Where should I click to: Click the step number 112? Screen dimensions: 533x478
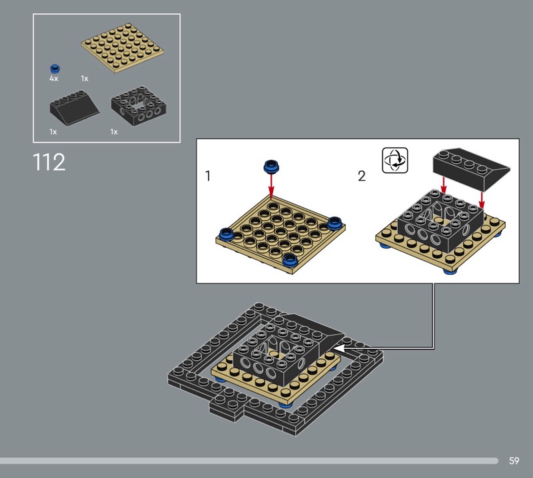pyautogui.click(x=49, y=162)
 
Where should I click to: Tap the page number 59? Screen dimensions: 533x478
pyautogui.click(x=514, y=461)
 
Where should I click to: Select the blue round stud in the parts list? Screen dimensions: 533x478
pyautogui.click(x=55, y=69)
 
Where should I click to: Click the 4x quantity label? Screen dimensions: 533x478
pyautogui.click(x=54, y=79)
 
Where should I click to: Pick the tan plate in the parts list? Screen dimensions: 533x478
pyautogui.click(x=123, y=47)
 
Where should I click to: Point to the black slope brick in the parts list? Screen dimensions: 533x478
pyautogui.click(x=75, y=107)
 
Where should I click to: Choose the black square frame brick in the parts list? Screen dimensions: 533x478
pyautogui.click(x=139, y=105)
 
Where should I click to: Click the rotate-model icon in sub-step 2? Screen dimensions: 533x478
pyautogui.click(x=395, y=160)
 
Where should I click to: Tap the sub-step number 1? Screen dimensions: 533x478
pyautogui.click(x=208, y=176)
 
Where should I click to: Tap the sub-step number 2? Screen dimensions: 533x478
pyautogui.click(x=362, y=176)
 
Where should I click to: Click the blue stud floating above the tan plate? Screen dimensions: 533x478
pyautogui.click(x=271, y=166)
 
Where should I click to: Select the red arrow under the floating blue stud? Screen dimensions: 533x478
pyautogui.click(x=271, y=186)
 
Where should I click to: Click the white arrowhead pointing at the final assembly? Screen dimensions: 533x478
pyautogui.click(x=342, y=349)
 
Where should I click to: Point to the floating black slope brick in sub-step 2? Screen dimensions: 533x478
pyautogui.click(x=471, y=168)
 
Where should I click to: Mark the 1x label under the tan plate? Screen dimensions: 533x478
pyautogui.click(x=85, y=79)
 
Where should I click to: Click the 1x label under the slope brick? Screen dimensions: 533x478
pyautogui.click(x=53, y=132)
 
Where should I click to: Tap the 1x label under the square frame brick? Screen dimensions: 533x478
pyautogui.click(x=114, y=132)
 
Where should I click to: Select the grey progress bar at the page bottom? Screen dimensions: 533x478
pyautogui.click(x=249, y=461)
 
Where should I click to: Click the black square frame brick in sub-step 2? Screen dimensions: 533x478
pyautogui.click(x=440, y=221)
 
